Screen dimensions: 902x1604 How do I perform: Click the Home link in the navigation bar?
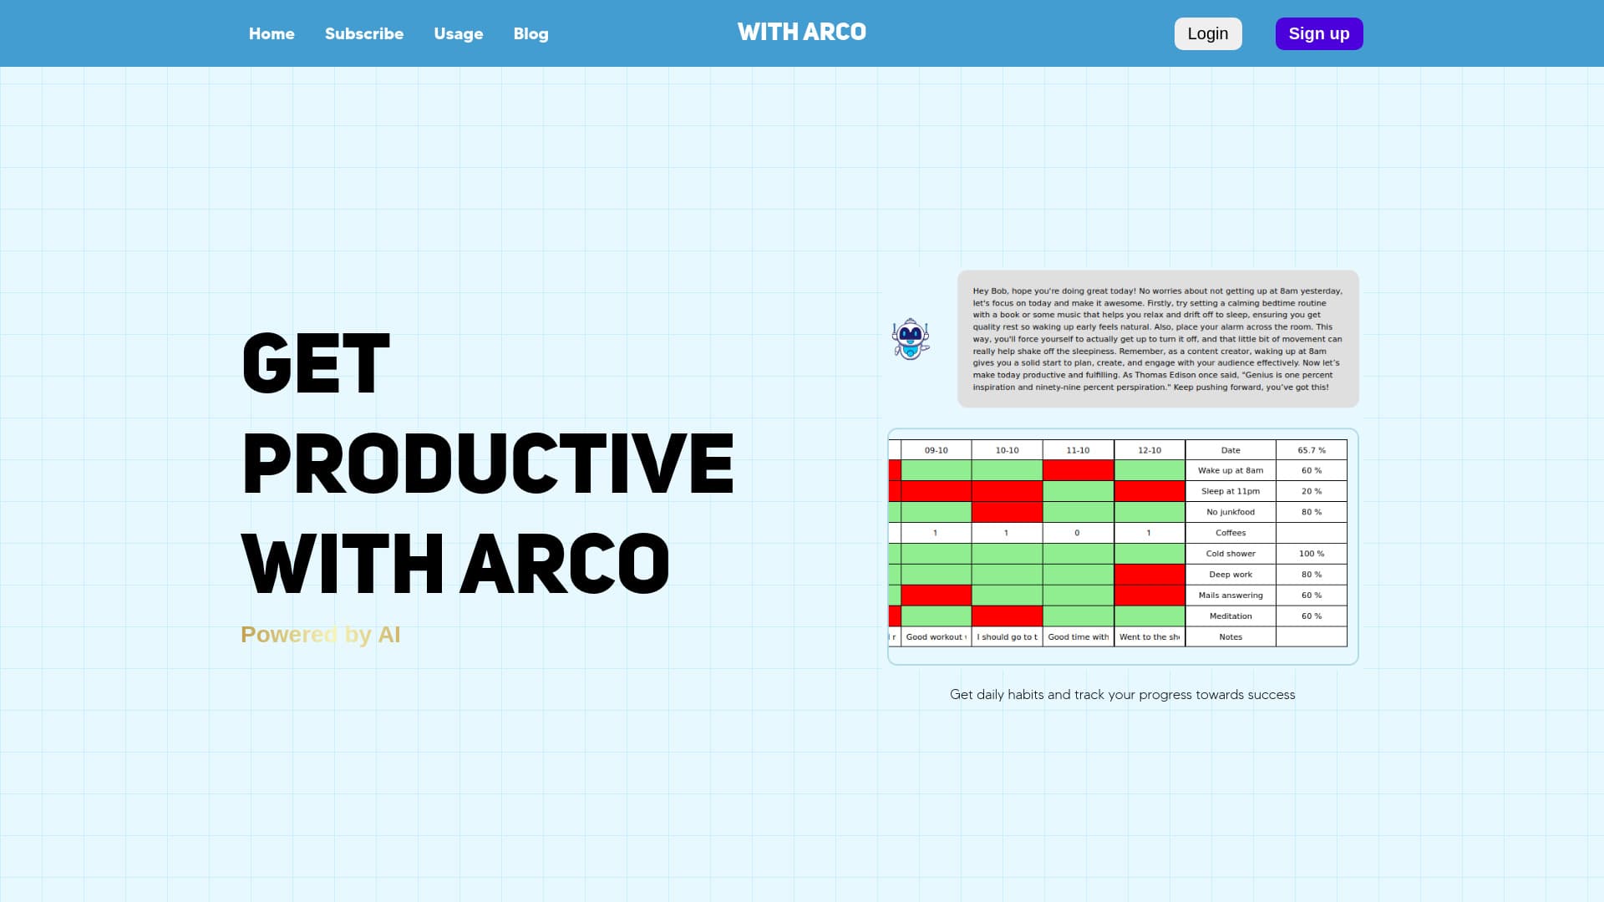tap(272, 33)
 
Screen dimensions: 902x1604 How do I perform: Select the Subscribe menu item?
tap(364, 33)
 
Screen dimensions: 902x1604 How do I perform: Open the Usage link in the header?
tap(459, 33)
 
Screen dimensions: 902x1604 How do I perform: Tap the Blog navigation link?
tap(531, 33)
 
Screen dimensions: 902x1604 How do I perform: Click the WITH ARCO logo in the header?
tap(802, 33)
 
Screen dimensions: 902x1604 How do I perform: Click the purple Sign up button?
tap(1319, 33)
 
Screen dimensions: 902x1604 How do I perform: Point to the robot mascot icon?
tap(911, 339)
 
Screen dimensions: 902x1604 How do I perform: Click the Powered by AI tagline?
tap(321, 635)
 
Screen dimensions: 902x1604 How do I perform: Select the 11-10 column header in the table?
tap(1078, 450)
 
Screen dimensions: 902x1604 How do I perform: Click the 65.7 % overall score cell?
tap(1312, 450)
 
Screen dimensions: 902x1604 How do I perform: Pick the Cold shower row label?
tap(1231, 554)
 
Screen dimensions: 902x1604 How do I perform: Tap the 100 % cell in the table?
tap(1312, 554)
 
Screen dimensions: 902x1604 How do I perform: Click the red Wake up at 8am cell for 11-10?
tap(1078, 470)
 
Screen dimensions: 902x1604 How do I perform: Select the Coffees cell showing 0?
tap(1078, 533)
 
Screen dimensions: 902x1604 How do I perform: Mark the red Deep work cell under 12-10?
tap(1150, 575)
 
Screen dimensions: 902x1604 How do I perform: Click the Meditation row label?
tap(1231, 616)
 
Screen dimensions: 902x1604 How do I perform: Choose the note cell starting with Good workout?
tap(936, 637)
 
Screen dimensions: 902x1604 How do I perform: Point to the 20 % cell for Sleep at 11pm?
tap(1312, 491)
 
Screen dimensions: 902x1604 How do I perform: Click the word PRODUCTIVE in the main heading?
tap(488, 464)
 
